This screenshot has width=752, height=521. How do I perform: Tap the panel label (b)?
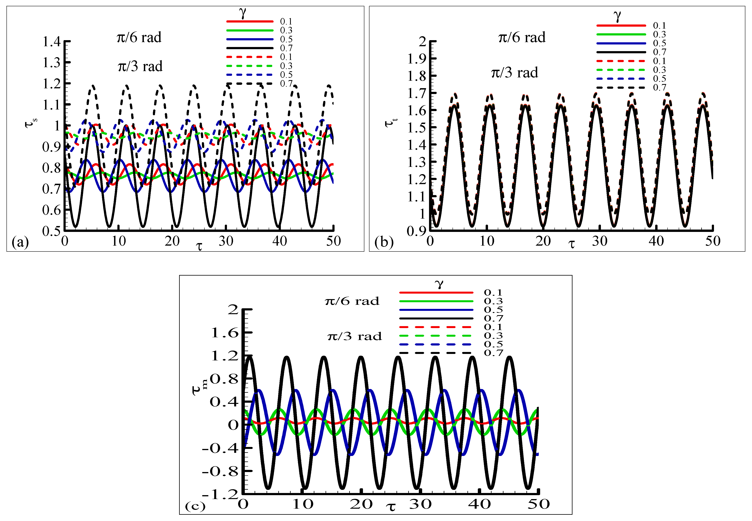point(384,242)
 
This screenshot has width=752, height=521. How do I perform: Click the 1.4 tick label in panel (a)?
point(52,42)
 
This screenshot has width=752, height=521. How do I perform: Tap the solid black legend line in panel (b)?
point(621,52)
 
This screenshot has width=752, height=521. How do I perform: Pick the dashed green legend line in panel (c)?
point(435,336)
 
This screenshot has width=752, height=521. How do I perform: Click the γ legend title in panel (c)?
point(439,283)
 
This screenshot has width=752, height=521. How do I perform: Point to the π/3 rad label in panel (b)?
point(514,72)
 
